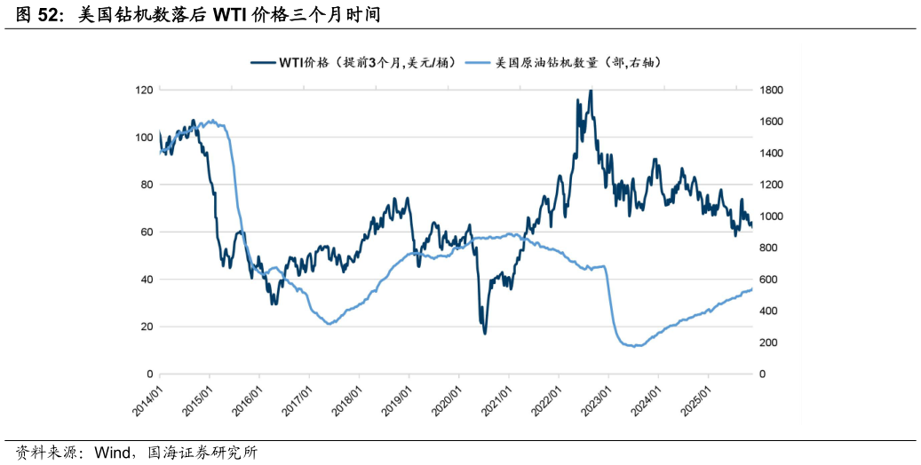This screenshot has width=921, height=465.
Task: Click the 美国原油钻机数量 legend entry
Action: coord(578,63)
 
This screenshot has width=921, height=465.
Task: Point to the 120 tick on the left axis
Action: coord(143,91)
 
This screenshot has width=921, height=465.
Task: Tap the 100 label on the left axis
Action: coord(143,138)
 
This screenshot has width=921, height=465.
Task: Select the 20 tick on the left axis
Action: coord(146,327)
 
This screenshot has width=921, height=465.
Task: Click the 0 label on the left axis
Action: coord(148,374)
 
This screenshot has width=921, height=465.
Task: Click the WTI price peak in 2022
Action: coord(591,91)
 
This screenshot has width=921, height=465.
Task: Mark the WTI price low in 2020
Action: coord(485,333)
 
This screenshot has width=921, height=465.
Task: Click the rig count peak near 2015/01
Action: coord(211,120)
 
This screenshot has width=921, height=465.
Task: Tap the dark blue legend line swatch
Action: coord(262,63)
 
